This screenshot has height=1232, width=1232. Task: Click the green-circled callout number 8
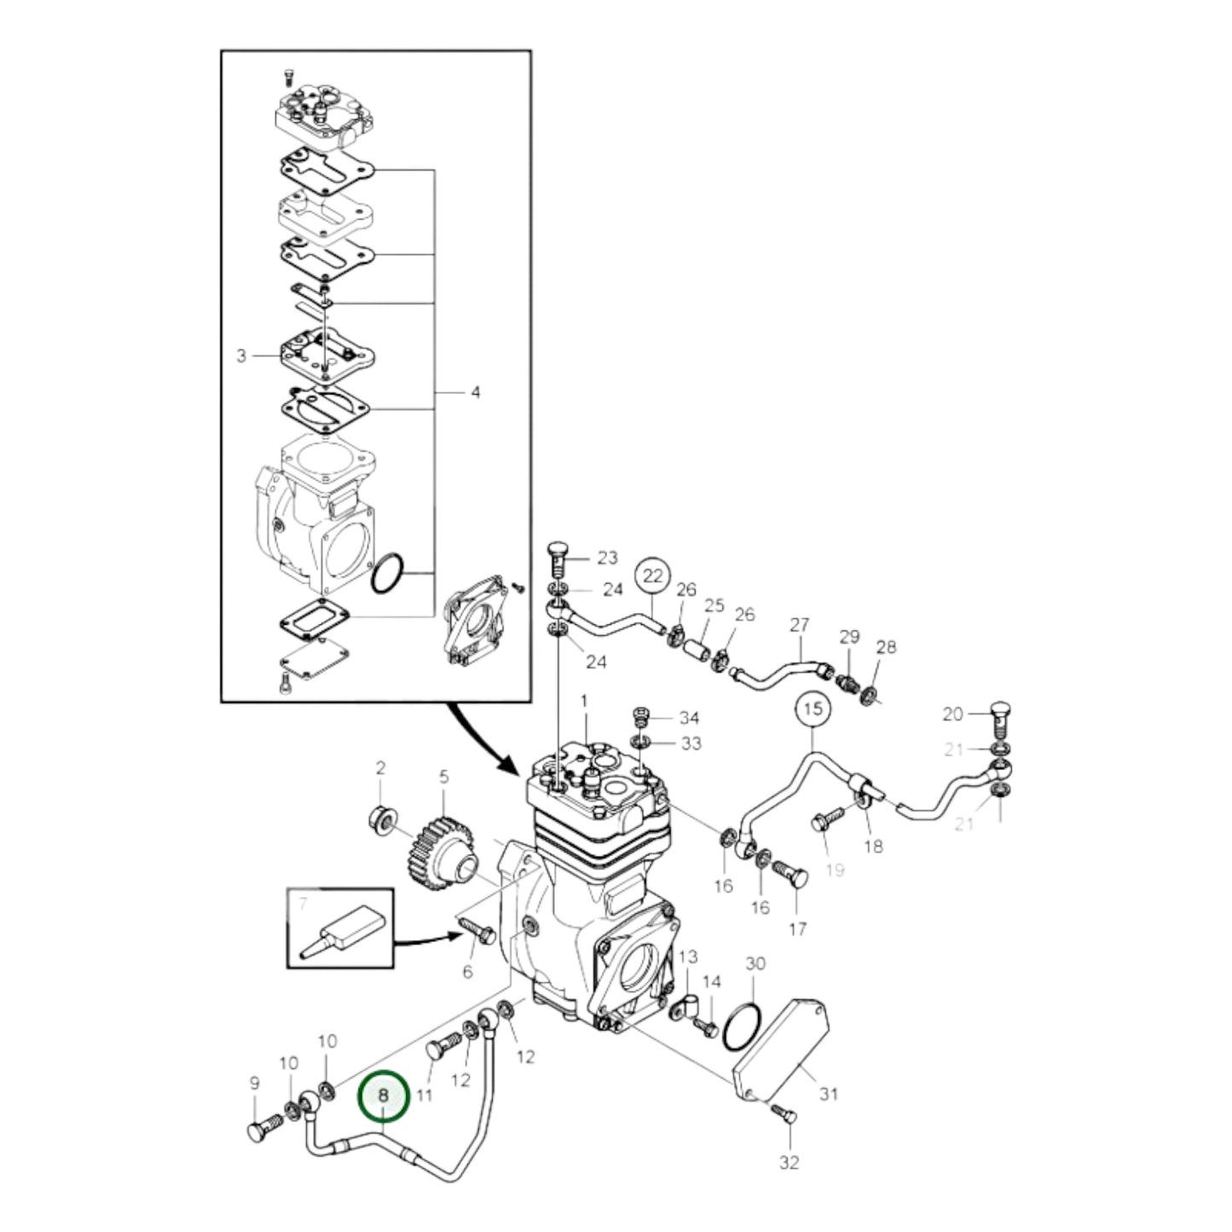coord(384,1094)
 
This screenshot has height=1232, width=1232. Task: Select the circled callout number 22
coord(652,576)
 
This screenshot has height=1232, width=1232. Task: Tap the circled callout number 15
coord(813,709)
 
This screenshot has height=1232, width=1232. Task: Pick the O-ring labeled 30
coord(742,1027)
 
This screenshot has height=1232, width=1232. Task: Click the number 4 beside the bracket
coord(475,392)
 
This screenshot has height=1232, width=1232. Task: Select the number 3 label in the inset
coord(241,356)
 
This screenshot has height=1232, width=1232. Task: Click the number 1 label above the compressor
coord(585,701)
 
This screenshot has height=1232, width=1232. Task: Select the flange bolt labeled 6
coord(478,930)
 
